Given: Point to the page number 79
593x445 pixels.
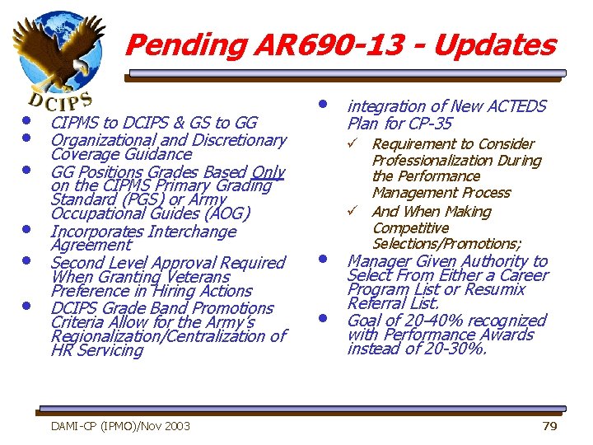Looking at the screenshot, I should click(x=549, y=425).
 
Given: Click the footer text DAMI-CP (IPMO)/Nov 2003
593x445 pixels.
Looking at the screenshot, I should click(x=120, y=425).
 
